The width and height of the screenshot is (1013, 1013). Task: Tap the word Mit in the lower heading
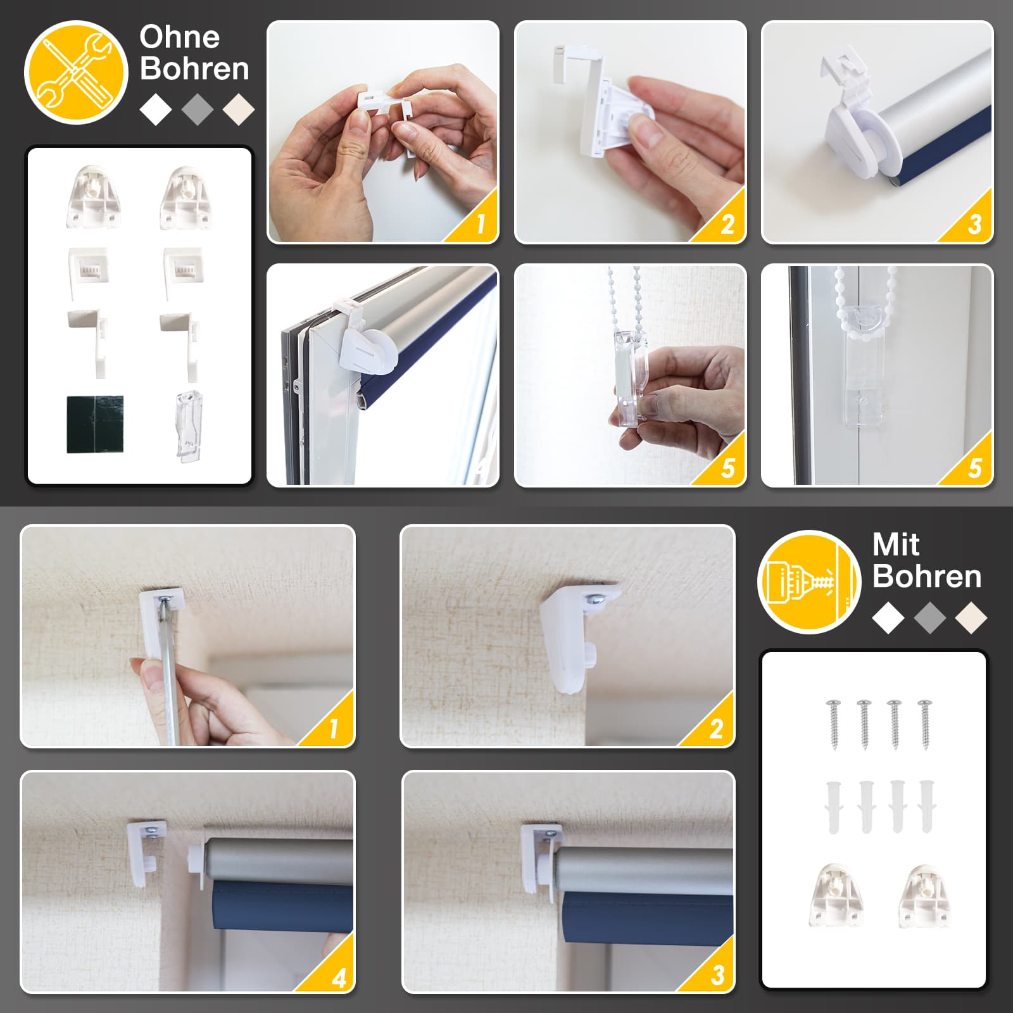pos(895,544)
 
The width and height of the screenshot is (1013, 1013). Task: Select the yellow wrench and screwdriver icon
pos(76,72)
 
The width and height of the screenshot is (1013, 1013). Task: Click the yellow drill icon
pos(809,582)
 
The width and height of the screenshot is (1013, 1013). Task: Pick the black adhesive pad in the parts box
pos(95,425)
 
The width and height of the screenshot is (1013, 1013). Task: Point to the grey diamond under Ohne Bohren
pos(197,110)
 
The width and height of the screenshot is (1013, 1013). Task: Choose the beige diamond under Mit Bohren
pos(971,618)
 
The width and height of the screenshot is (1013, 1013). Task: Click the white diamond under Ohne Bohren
pos(156,110)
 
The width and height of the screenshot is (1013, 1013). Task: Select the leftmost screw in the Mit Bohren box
pos(833,724)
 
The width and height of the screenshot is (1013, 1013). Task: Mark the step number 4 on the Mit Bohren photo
pos(339,978)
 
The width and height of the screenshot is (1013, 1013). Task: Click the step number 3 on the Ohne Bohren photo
pos(974,224)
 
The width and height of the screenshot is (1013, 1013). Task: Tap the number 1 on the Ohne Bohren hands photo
pos(481,224)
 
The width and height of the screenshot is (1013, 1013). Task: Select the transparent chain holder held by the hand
pos(631,370)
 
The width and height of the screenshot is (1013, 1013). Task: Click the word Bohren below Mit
pos(927,576)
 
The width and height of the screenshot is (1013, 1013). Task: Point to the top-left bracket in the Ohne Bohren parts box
pos(94,196)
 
